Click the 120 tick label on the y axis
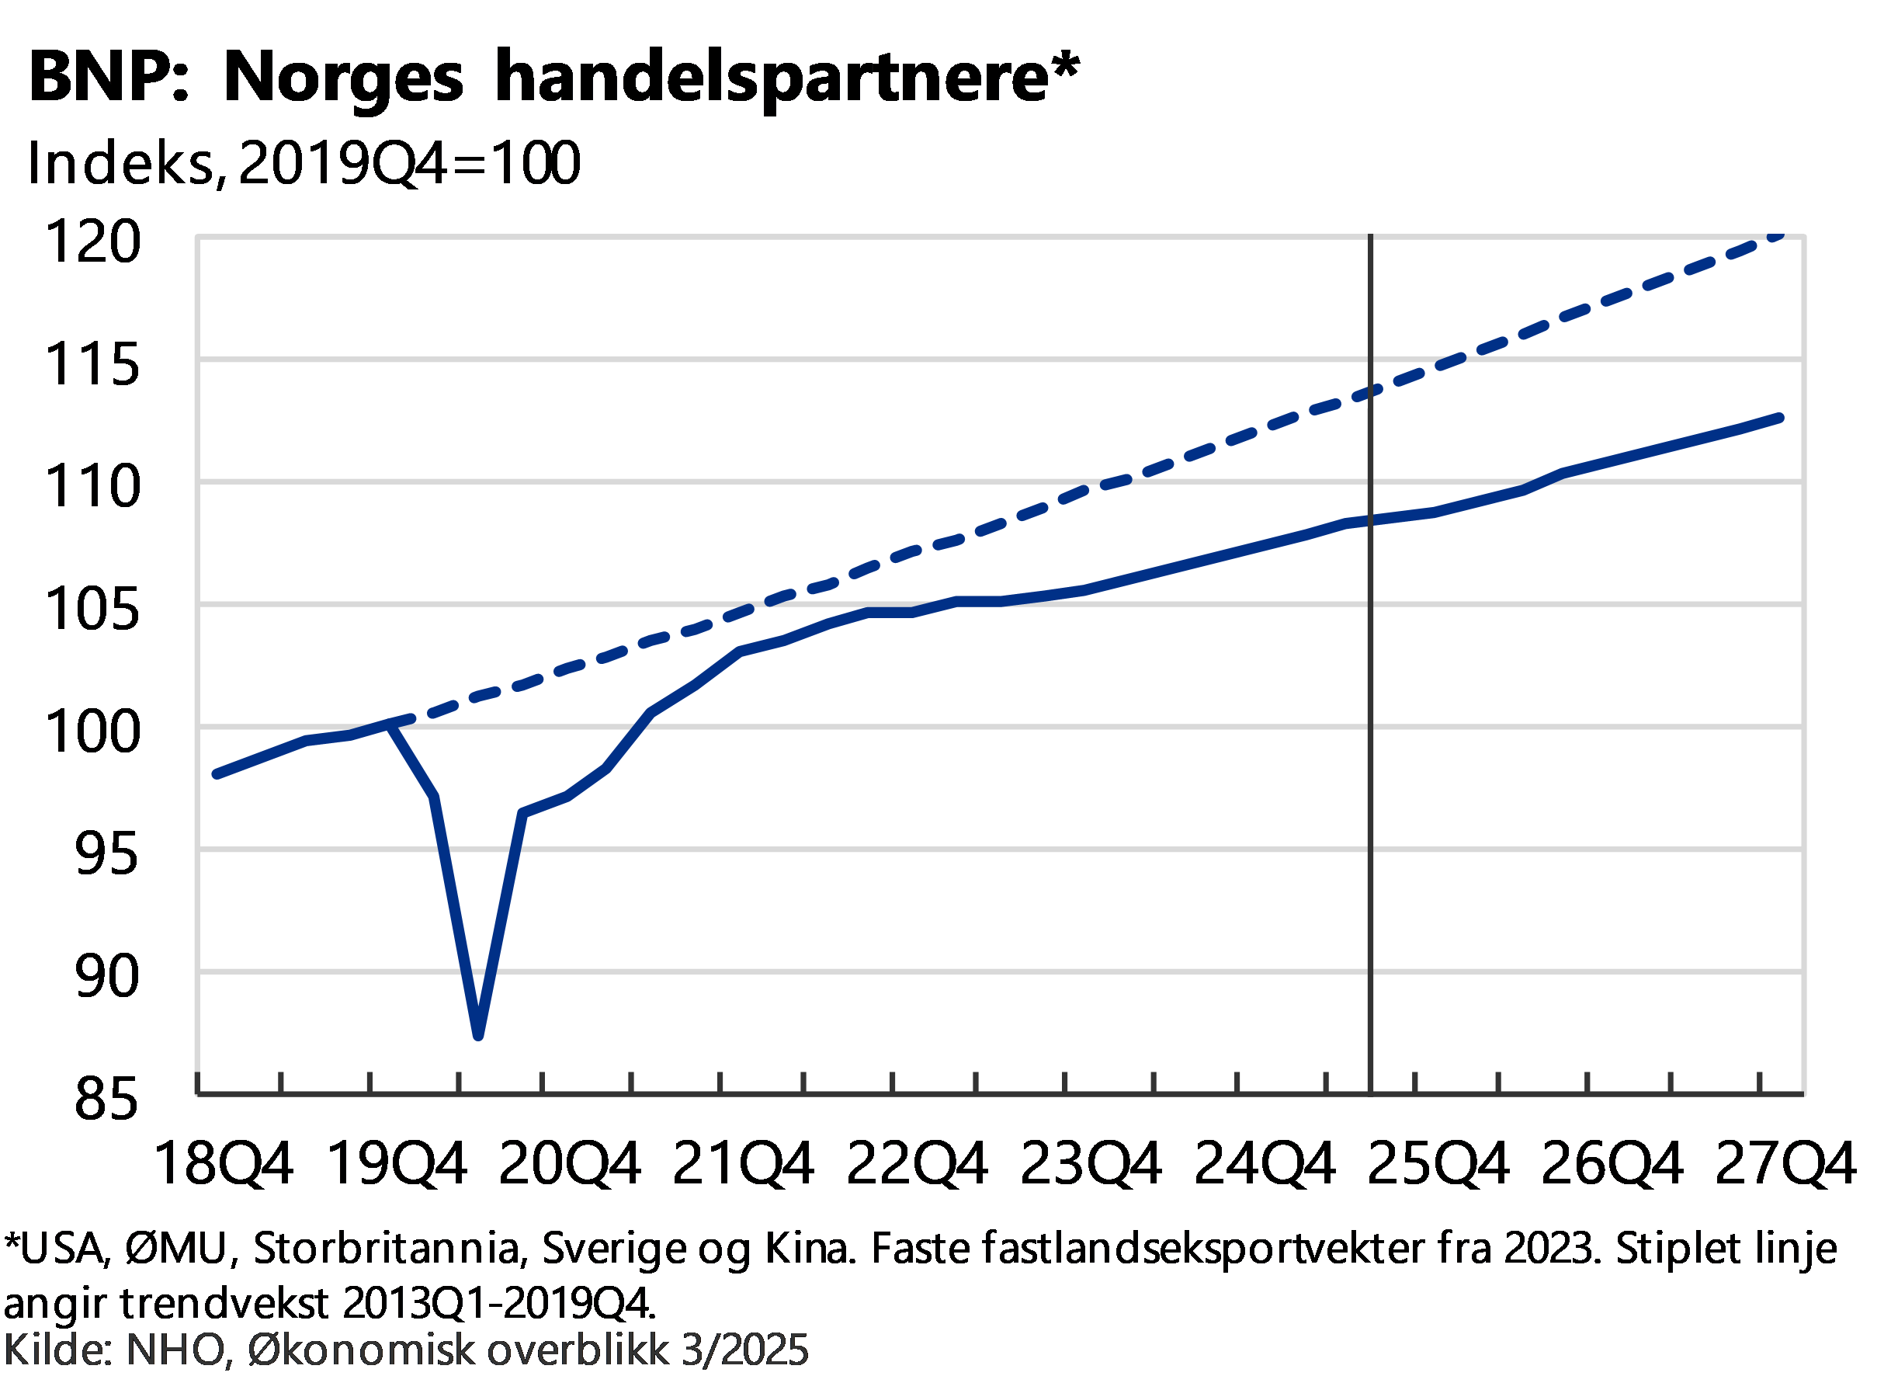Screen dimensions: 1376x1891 (x=93, y=241)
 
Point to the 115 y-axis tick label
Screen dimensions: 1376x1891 (x=93, y=363)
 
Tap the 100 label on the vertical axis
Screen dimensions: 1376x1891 (x=93, y=731)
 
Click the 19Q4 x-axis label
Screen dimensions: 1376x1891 (x=397, y=1162)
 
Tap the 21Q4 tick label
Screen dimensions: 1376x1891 (x=744, y=1162)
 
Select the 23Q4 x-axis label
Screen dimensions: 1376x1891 (x=1091, y=1162)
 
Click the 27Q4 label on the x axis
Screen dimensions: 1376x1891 (x=1785, y=1162)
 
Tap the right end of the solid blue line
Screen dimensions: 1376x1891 (x=1779, y=418)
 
